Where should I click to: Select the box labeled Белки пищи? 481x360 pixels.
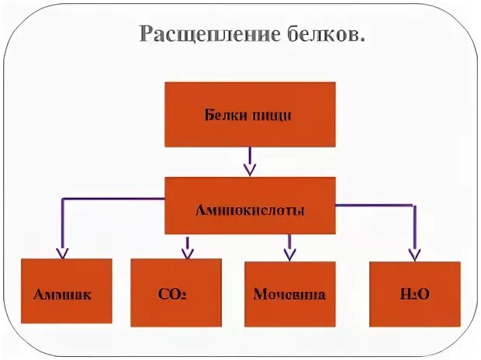pyautogui.click(x=249, y=114)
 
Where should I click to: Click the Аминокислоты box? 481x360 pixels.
pyautogui.click(x=249, y=206)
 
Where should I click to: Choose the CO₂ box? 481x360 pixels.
pyautogui.click(x=175, y=292)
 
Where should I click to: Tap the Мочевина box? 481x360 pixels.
pyautogui.click(x=289, y=292)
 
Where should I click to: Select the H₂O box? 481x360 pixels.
pyautogui.click(x=414, y=292)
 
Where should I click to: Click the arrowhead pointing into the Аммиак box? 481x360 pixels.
pyautogui.click(x=63, y=251)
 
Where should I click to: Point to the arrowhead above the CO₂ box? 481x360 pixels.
pyautogui.click(x=187, y=251)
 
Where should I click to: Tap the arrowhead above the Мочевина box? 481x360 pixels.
pyautogui.click(x=289, y=251)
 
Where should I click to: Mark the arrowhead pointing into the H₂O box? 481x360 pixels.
pyautogui.click(x=414, y=251)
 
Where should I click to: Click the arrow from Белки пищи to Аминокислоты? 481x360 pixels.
pyautogui.click(x=249, y=161)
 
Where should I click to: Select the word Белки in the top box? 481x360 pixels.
pyautogui.click(x=225, y=116)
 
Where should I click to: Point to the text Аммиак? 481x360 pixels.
pyautogui.click(x=63, y=295)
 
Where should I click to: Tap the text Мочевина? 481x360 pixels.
pyautogui.click(x=289, y=295)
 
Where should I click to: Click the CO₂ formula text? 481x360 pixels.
pyautogui.click(x=174, y=295)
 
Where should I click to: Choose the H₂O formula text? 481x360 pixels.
pyautogui.click(x=414, y=295)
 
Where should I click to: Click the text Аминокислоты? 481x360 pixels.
pyautogui.click(x=249, y=210)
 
